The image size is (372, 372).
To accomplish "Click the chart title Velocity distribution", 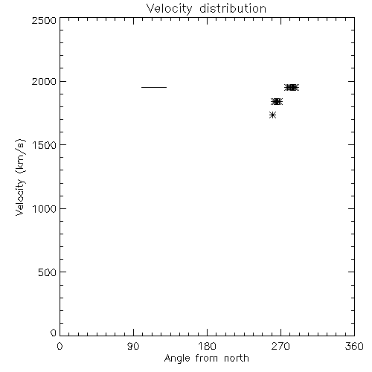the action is pos(206,9).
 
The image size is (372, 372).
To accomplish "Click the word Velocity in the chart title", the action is pos(170,9).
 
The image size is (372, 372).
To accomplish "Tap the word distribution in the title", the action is pos(233,8).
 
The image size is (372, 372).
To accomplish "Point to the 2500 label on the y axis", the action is pos(44,20).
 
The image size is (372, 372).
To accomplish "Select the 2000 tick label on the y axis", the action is pos(44,81).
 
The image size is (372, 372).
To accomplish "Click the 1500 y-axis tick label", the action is pos(44,145).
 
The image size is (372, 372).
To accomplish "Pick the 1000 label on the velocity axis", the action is pos(44,208).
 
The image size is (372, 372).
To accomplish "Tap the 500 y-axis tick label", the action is pos(48,272).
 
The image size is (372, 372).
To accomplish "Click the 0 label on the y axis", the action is pos(54,333).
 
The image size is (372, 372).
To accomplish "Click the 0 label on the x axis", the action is pos(60,346).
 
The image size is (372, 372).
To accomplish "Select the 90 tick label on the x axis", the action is pos(133,346).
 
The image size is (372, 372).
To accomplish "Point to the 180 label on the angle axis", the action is pos(207,346).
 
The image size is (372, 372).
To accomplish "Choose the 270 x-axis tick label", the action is pos(280,346).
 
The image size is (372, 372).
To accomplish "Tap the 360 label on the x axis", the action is pos(354,346).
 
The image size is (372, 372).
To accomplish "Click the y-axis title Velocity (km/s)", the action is pos(20,177).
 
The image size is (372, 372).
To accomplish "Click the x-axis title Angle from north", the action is pos(207,359).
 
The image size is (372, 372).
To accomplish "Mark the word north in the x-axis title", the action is pos(237,358).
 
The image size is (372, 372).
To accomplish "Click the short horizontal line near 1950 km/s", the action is pos(154,87).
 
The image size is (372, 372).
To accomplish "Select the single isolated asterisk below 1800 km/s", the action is pos(272,115).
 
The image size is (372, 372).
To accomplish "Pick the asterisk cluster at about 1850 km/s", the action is pos(277,102).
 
